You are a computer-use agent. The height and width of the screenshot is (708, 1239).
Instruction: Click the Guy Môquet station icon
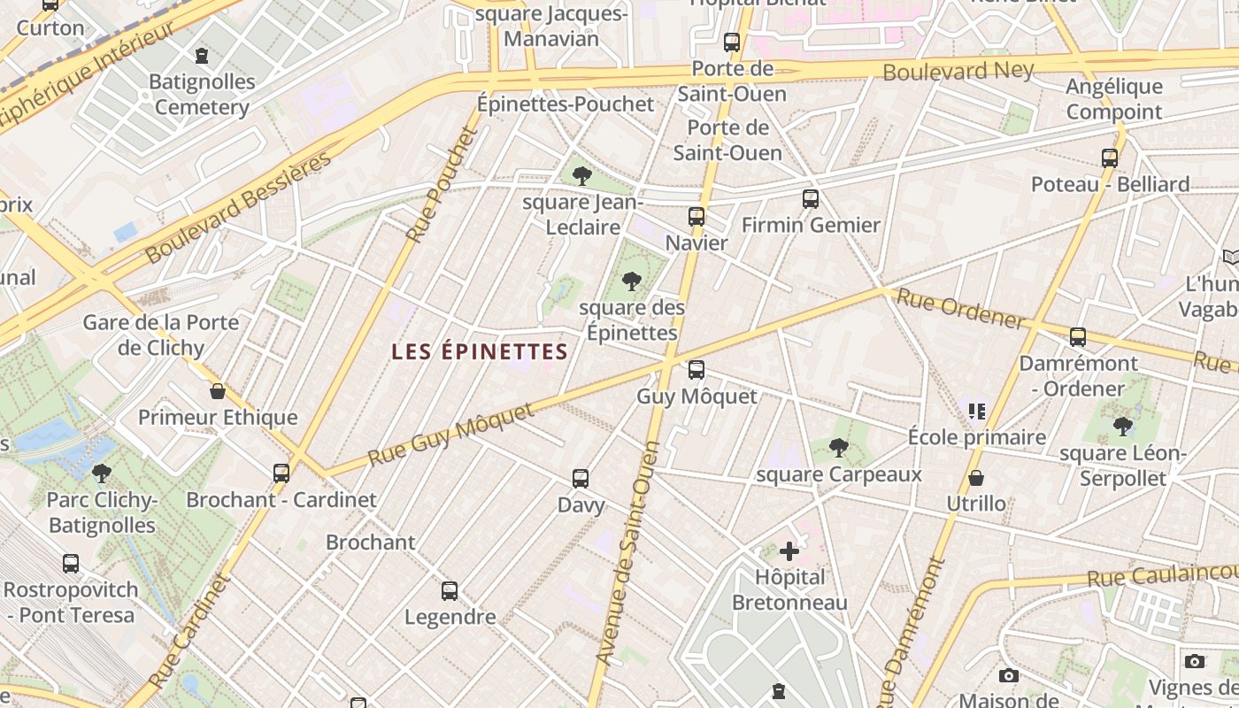696,370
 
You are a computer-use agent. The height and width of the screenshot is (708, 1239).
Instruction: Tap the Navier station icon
696,217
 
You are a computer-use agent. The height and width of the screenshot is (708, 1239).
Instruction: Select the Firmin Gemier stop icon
810,199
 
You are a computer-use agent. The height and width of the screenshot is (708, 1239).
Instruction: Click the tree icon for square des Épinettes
631,282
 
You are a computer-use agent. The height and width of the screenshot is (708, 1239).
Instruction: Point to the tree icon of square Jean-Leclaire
581,176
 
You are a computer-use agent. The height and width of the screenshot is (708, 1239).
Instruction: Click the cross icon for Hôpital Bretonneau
789,552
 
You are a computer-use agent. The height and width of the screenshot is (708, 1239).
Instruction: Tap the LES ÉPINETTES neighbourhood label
479,351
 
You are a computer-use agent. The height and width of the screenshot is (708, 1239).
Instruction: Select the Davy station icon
581,479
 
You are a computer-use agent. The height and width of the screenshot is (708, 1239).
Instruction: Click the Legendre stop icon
450,591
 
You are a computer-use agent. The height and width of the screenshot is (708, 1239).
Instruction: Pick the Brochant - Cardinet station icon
281,473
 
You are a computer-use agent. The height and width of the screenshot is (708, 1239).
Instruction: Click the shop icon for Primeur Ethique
218,391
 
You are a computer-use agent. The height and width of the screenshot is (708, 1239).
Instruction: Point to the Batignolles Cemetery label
202,95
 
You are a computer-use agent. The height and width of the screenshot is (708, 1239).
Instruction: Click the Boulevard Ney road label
958,71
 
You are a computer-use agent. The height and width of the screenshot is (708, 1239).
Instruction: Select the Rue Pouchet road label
442,186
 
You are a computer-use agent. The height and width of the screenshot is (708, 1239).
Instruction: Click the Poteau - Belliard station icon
1110,158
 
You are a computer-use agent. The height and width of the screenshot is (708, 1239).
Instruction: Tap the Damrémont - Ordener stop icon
1077,337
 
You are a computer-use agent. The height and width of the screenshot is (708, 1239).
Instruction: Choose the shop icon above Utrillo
976,479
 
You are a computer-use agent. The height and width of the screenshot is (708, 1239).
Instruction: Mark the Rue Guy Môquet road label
450,435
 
